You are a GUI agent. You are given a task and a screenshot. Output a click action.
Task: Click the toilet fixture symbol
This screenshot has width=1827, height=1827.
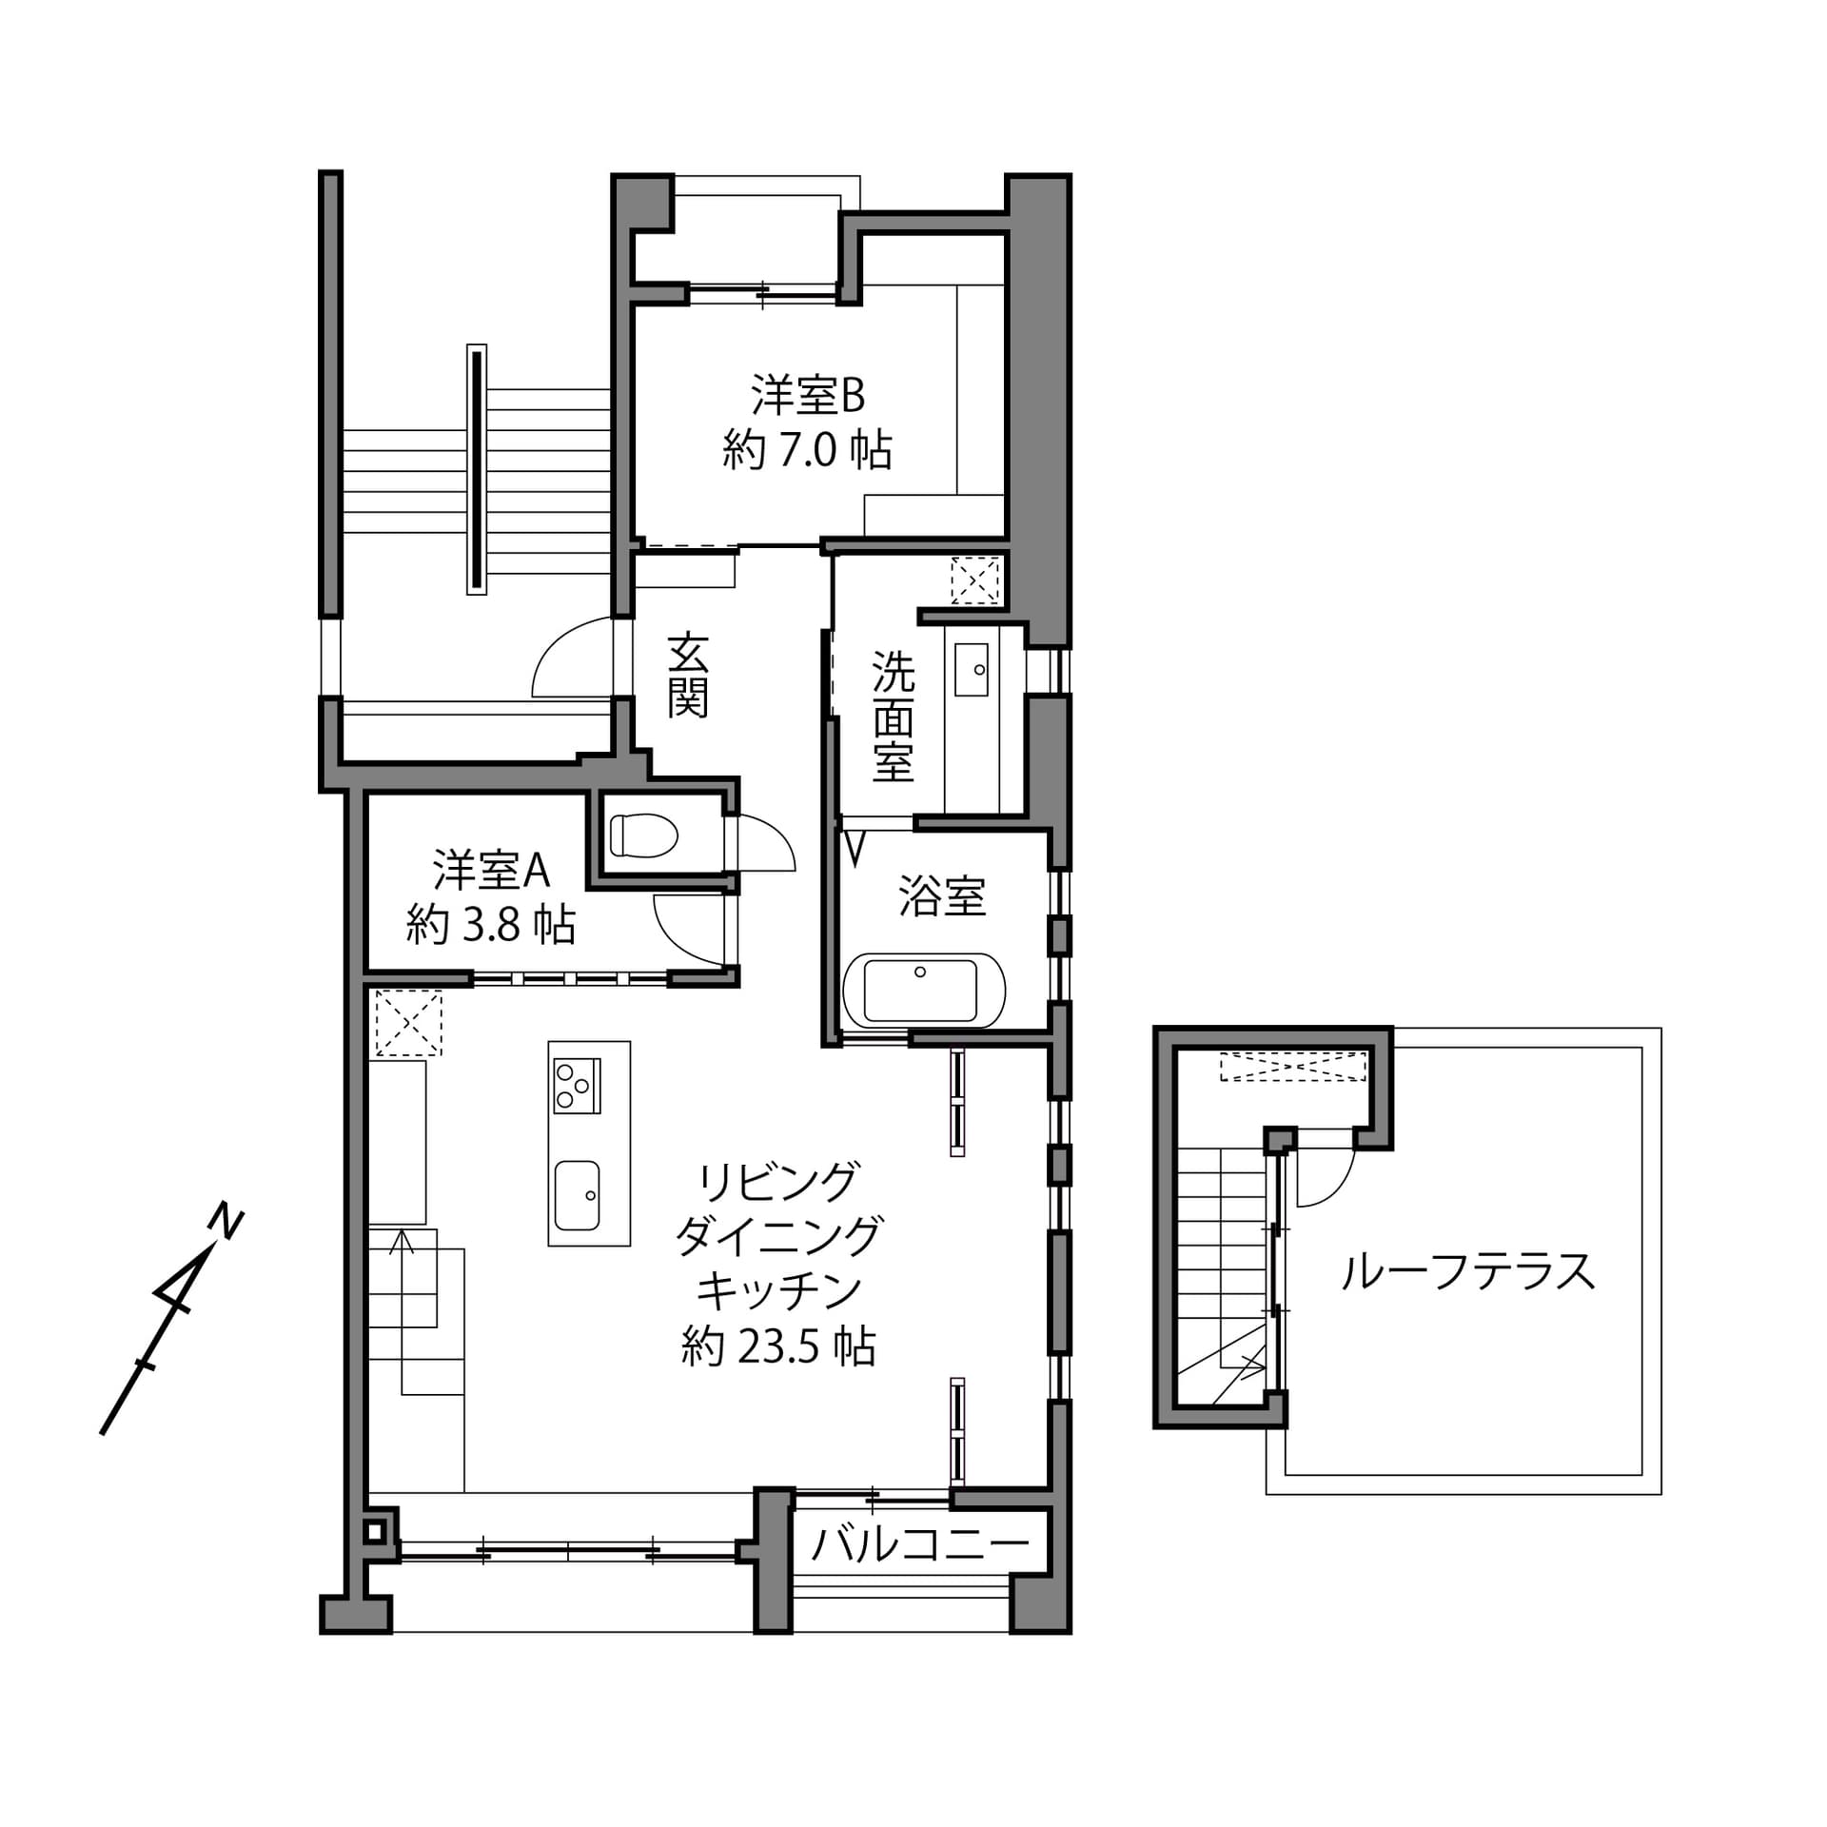click(644, 835)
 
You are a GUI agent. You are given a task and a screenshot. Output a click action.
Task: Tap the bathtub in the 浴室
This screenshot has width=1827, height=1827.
click(922, 991)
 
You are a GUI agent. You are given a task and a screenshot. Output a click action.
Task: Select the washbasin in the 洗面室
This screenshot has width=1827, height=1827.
click(971, 669)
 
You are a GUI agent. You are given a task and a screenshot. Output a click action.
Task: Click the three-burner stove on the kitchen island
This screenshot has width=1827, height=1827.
click(577, 1086)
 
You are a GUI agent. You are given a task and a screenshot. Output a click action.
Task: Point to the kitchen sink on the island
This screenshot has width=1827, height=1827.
click(577, 1195)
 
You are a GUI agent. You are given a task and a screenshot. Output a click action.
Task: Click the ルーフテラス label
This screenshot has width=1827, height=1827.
click(1467, 1271)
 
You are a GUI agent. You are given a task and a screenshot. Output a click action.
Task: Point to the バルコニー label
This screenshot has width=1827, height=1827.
click(919, 1545)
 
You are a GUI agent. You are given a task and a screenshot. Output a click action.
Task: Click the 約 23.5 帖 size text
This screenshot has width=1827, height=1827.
click(778, 1347)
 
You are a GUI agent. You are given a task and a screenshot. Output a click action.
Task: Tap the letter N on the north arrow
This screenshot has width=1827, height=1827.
click(226, 1221)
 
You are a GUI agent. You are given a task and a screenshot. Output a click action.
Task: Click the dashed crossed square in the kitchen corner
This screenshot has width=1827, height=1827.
click(408, 1023)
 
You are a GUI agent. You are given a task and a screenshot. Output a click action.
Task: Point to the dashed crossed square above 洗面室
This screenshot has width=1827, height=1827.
click(975, 580)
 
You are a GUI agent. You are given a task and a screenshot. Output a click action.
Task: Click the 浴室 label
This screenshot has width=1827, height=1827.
click(941, 896)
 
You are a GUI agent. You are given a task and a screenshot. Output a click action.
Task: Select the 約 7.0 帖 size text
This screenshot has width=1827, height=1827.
click(807, 450)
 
